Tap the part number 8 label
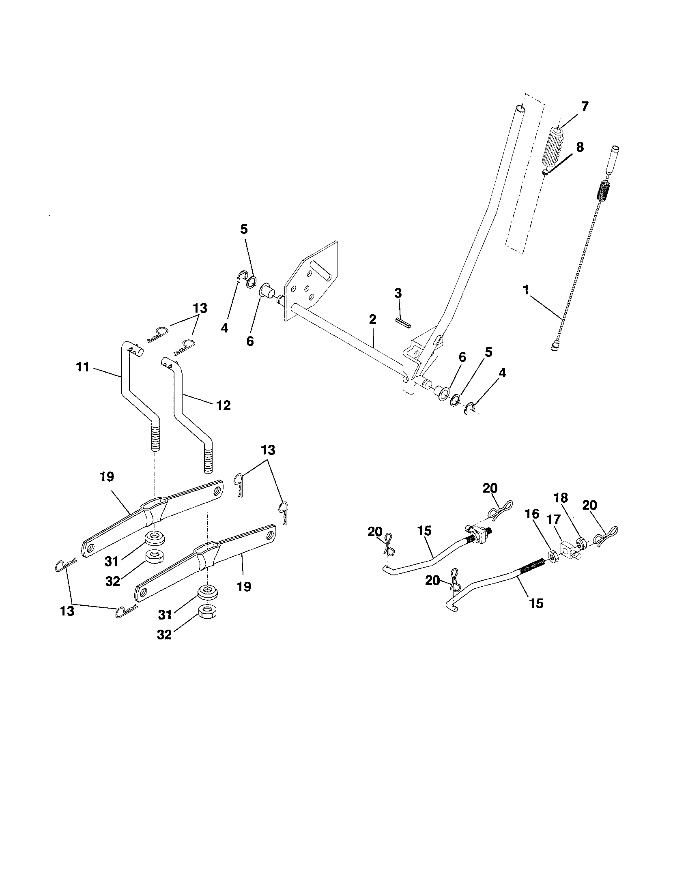pyautogui.click(x=580, y=148)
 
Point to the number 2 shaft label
pyautogui.click(x=372, y=319)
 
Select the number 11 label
pyautogui.click(x=82, y=367)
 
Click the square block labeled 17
pyautogui.click(x=572, y=550)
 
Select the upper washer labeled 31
pyautogui.click(x=156, y=538)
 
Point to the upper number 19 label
pyautogui.click(x=107, y=477)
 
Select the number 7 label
pyautogui.click(x=585, y=107)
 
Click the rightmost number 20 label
pyautogui.click(x=590, y=505)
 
